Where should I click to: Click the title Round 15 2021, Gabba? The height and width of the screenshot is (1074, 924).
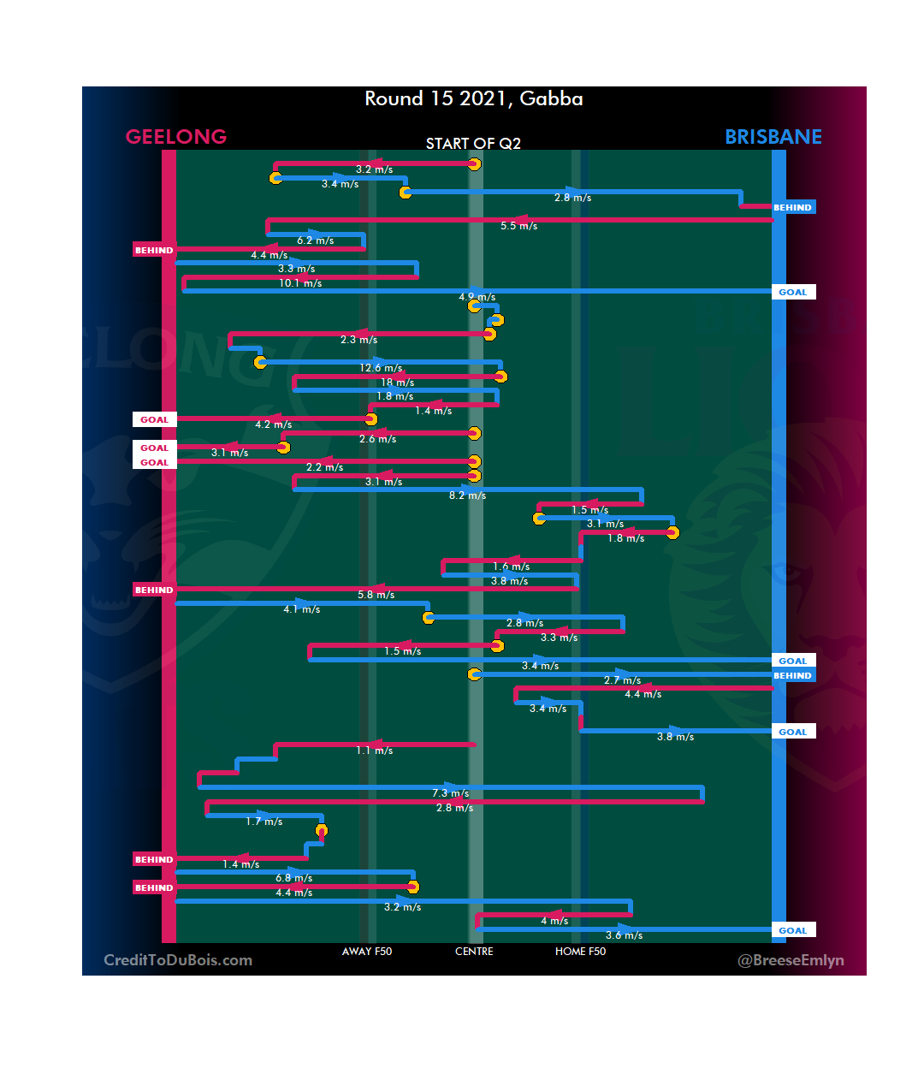coord(473,99)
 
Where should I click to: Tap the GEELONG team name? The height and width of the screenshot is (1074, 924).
coord(176,137)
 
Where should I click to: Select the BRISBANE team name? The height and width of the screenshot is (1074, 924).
coord(773,137)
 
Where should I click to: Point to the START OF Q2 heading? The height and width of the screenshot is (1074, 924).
coord(473,144)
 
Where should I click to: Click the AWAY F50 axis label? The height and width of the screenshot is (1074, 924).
coord(366,952)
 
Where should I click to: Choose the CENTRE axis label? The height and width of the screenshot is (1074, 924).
coord(474,952)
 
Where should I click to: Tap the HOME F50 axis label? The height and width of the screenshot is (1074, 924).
coord(580,952)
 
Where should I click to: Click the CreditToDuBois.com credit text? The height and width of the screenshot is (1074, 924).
coord(178,960)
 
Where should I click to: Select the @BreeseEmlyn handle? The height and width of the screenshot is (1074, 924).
coord(791,960)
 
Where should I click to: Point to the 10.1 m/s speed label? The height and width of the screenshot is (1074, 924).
coord(300,283)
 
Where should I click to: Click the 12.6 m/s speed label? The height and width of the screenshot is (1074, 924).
coord(381,368)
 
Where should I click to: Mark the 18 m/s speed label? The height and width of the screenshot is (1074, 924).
coord(397,383)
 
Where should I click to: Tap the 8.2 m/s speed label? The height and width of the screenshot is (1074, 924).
coord(467,495)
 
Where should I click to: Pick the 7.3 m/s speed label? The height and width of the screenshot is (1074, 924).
coord(450,793)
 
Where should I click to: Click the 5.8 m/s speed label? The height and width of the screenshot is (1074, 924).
coord(376,595)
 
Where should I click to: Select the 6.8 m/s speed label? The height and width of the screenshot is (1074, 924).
coord(293,878)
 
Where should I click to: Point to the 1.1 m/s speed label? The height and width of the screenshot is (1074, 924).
coord(375,751)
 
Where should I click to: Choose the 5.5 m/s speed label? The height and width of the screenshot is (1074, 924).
coord(518,226)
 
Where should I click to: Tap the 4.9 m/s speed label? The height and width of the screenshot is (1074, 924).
coord(477,297)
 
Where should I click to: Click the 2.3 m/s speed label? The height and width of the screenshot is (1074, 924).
coord(358,340)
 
